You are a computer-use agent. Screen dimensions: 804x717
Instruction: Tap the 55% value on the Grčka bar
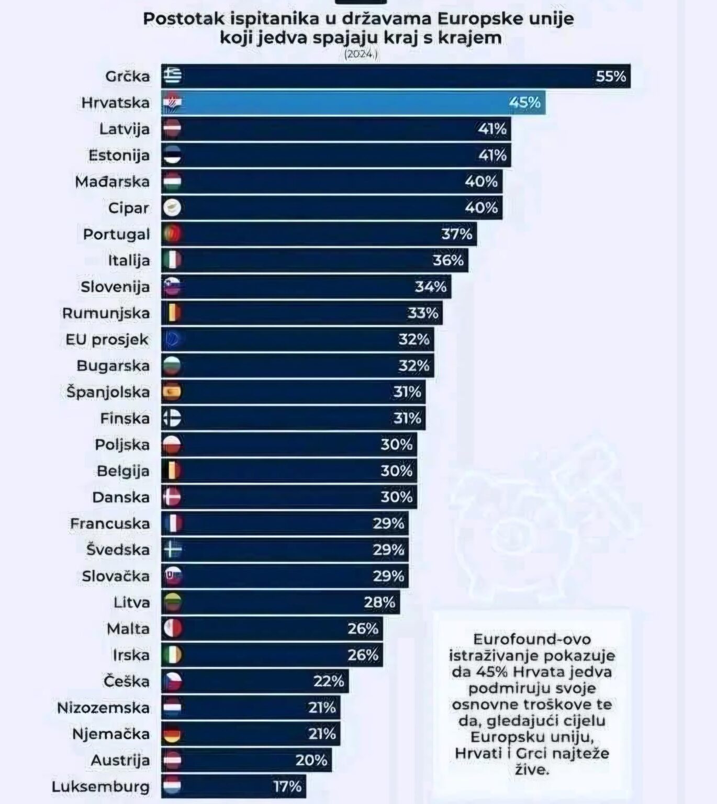point(610,76)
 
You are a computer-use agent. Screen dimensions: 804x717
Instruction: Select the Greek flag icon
point(172,76)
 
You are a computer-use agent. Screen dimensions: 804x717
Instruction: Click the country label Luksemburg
point(100,786)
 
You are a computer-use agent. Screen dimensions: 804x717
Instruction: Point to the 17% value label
point(287,786)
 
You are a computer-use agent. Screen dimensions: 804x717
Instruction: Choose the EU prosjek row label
point(107,340)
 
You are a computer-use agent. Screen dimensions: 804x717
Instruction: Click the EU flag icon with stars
point(172,340)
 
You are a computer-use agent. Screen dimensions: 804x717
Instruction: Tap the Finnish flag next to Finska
point(172,418)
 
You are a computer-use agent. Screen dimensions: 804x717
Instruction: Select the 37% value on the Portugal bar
point(456,234)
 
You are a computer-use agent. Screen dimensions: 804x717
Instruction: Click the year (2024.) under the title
point(361,54)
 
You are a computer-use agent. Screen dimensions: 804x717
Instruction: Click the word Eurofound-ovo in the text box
point(532,639)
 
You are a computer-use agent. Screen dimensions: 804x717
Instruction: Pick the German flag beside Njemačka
point(172,734)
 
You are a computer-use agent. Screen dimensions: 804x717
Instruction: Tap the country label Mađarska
point(112,182)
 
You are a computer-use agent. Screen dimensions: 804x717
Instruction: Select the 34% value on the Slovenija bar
point(430,287)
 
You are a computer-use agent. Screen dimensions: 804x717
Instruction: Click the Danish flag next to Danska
point(172,497)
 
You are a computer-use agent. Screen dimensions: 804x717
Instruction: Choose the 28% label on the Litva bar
point(379,602)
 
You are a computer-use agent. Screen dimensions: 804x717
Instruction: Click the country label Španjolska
point(108,392)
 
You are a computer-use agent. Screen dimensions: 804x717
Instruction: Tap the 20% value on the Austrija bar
point(311,760)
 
